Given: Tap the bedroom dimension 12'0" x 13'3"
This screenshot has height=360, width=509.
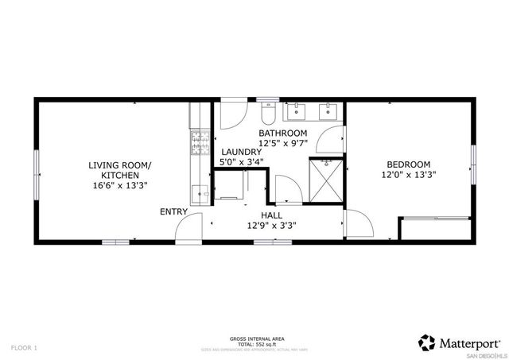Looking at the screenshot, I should tap(410, 174).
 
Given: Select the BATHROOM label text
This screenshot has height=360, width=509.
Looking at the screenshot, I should tap(283, 133).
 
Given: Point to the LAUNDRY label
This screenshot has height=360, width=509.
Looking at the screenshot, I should tap(241, 151).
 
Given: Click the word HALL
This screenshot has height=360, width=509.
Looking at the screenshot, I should tap(272, 215).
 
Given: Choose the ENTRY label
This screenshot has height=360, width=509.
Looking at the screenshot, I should tap(173, 211).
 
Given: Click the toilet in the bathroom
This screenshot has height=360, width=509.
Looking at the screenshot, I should tap(267, 109).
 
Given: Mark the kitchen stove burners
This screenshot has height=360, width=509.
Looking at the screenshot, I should tap(196, 143).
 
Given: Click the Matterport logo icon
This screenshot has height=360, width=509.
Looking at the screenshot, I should tap(426, 342).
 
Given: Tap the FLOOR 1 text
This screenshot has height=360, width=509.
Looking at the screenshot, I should tap(24, 347).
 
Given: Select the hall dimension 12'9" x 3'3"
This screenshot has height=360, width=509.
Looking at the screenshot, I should tap(272, 226).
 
